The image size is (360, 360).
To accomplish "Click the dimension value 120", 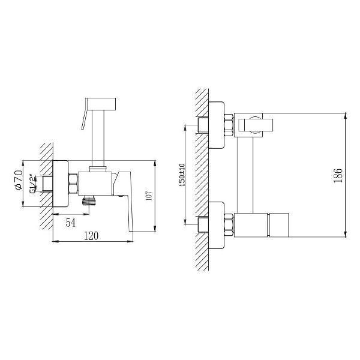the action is (x=91, y=236).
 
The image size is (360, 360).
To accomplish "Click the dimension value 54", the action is (x=70, y=223).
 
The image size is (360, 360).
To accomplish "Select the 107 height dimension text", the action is (x=149, y=196).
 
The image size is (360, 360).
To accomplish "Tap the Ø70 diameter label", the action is (x=19, y=180).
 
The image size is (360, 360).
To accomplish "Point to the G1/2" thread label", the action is (x=33, y=184).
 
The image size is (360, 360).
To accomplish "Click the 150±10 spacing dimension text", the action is (x=182, y=175).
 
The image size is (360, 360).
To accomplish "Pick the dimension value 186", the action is (x=338, y=176).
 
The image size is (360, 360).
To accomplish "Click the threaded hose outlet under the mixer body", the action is (x=89, y=200).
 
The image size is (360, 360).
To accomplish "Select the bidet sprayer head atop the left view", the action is (x=101, y=104).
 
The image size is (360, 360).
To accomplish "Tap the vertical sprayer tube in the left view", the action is (x=98, y=138).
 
